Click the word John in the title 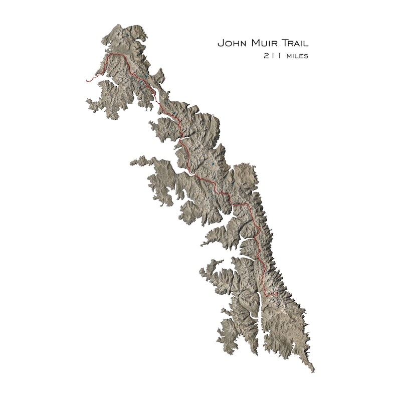point(230,44)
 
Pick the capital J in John point(220,44)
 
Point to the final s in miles point(306,57)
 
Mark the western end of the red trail point(87,80)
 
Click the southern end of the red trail point(276,294)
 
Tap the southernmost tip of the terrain point(314,371)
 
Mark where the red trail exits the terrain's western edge point(97,76)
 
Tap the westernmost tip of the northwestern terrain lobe point(86,101)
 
